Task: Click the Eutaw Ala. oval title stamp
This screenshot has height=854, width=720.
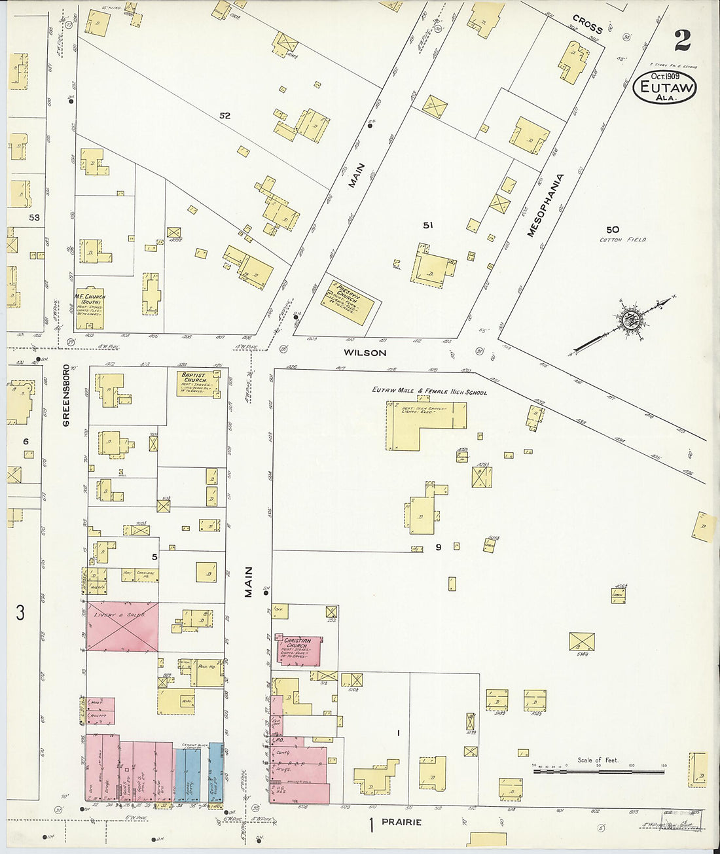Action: (x=664, y=87)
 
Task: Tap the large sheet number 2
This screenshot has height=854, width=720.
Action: (x=682, y=41)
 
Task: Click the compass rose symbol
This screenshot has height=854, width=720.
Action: (x=631, y=320)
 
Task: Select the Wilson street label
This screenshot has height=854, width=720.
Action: (x=365, y=353)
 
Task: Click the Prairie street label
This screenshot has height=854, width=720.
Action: (x=401, y=822)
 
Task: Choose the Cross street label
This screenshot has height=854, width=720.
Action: (x=587, y=24)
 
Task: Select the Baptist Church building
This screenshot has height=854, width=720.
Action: (x=198, y=385)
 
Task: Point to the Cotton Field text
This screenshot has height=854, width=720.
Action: (x=622, y=240)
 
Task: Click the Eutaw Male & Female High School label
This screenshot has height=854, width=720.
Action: (x=429, y=391)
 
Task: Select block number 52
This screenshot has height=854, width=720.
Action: (x=225, y=116)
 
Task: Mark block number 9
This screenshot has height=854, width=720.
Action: (x=439, y=547)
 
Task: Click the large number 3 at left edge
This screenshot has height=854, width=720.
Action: (x=20, y=613)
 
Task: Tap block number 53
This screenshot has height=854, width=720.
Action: (x=34, y=217)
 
